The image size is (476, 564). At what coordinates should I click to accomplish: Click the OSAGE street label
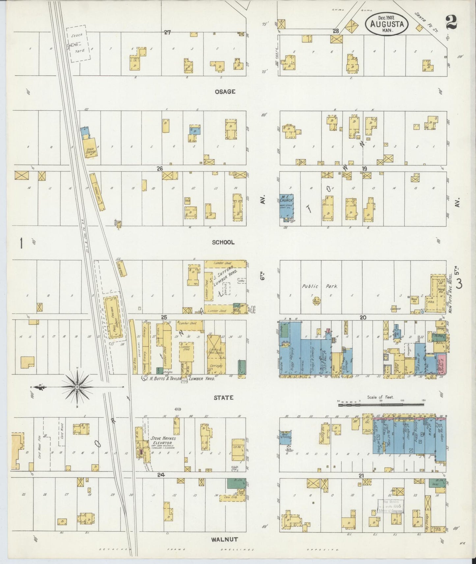[x=225, y=92]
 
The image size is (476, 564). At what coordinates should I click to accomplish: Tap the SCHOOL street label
[x=223, y=242]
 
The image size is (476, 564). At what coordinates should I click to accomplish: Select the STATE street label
[x=223, y=398]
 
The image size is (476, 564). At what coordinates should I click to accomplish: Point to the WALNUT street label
[x=225, y=539]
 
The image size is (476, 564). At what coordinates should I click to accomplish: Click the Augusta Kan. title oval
[x=386, y=24]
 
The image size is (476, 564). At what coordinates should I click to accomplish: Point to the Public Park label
[x=320, y=286]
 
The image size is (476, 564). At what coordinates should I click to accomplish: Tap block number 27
[x=168, y=32]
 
